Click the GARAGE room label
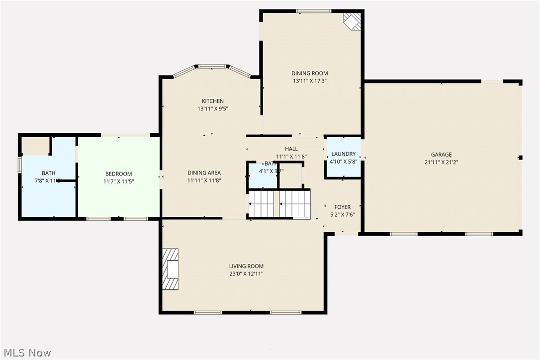tap(441, 155)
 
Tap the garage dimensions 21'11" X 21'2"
tap(441, 162)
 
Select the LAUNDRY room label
tap(343, 154)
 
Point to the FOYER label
tap(342, 207)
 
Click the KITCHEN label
tap(212, 101)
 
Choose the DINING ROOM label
tap(309, 74)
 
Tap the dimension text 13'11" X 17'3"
tap(309, 81)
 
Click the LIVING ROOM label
tap(246, 267)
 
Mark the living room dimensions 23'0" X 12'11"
tap(246, 273)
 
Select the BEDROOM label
tap(118, 174)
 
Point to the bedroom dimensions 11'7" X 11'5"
tap(118, 181)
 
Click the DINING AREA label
tap(204, 173)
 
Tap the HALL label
tap(291, 149)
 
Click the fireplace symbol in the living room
tap(171, 269)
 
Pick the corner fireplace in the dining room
tap(353, 21)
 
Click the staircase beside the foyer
tap(279, 204)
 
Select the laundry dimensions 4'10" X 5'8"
tap(343, 162)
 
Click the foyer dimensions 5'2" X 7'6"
tap(342, 215)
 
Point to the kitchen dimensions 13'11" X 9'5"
tap(212, 108)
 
